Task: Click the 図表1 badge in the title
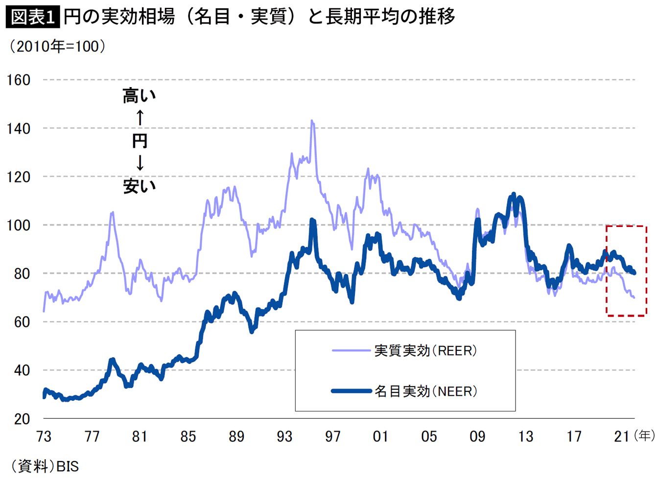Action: [x=33, y=17]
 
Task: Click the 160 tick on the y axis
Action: [x=19, y=80]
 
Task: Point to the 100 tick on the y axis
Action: [x=19, y=225]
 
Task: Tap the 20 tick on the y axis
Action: [x=22, y=419]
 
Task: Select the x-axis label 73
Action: [x=44, y=436]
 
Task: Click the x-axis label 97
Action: [x=333, y=436]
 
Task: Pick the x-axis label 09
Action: [x=477, y=436]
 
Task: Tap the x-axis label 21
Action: [x=622, y=436]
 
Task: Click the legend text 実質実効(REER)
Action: [x=425, y=351]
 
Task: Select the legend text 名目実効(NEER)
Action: [x=425, y=391]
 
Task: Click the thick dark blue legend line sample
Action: [x=351, y=391]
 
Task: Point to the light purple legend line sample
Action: [x=351, y=350]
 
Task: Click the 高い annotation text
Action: [x=140, y=95]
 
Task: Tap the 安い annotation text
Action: [x=140, y=186]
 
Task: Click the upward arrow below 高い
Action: [x=140, y=117]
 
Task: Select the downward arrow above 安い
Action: [x=140, y=163]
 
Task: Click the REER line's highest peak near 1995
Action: [x=312, y=121]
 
